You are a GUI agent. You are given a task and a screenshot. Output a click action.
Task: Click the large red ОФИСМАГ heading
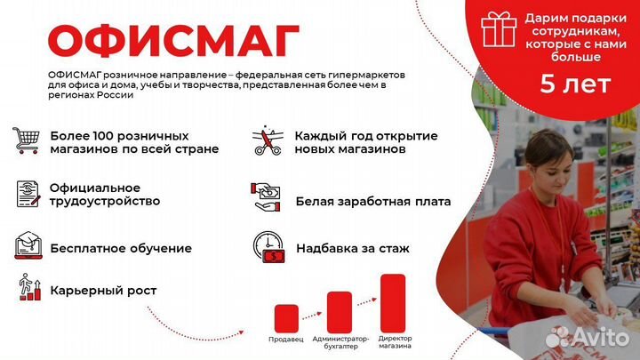coord(172,40)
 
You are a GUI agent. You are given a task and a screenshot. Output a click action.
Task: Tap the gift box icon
coord(499,30)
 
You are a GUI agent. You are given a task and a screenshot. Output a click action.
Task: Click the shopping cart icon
coord(26,140)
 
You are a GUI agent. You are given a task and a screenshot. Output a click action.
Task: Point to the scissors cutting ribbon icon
coord(266,140)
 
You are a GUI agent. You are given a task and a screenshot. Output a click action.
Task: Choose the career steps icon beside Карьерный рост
coord(28,288)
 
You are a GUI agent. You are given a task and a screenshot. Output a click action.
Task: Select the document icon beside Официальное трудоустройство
coord(27,193)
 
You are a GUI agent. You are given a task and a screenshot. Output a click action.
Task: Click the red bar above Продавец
coord(285,318)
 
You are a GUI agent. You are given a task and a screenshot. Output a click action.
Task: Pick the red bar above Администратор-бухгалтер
coord(340,311)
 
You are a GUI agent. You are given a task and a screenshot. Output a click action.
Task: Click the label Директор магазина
coord(395,342)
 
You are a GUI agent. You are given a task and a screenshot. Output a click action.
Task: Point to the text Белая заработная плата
coord(373,202)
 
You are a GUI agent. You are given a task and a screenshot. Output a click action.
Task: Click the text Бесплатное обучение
coord(121,249)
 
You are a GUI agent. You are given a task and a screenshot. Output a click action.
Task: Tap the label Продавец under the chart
coord(285,340)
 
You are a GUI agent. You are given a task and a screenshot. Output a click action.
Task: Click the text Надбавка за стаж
coord(353,249)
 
